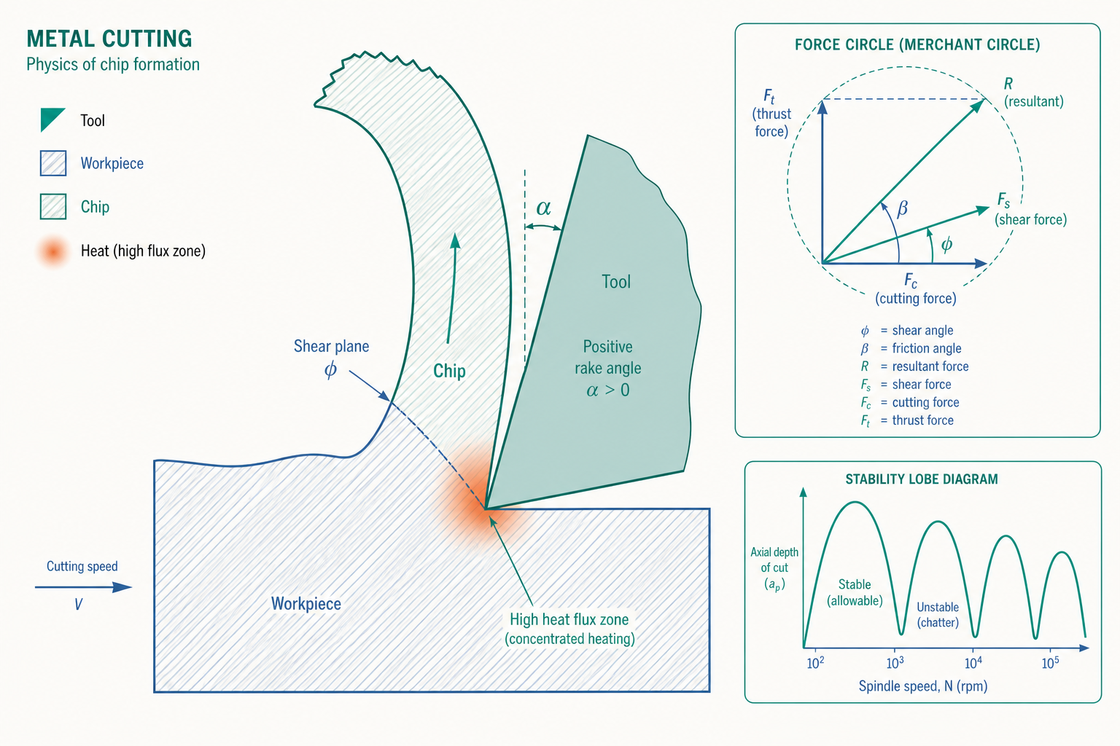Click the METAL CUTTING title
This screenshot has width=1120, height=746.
(109, 39)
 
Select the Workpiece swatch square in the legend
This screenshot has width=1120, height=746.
(53, 163)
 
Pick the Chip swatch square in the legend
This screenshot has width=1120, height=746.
(53, 206)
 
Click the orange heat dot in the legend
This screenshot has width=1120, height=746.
(53, 251)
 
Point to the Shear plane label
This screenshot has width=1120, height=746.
(331, 346)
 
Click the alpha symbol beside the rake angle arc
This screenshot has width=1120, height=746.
(543, 208)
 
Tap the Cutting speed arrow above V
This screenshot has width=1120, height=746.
(83, 587)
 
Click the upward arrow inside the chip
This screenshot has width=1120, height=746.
(452, 288)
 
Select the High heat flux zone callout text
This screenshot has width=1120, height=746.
(569, 629)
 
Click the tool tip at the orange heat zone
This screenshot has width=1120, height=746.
(486, 509)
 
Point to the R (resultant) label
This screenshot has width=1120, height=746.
(1033, 93)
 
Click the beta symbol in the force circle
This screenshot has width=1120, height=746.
(903, 208)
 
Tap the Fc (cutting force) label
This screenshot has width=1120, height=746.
(916, 288)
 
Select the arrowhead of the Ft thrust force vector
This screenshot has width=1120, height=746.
(822, 107)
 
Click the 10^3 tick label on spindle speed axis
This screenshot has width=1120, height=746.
(895, 662)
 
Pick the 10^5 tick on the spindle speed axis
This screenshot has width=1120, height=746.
(1051, 662)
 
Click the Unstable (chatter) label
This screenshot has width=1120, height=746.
(938, 615)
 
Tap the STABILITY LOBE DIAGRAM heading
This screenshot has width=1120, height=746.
(922, 479)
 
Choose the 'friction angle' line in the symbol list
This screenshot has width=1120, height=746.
(911, 348)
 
